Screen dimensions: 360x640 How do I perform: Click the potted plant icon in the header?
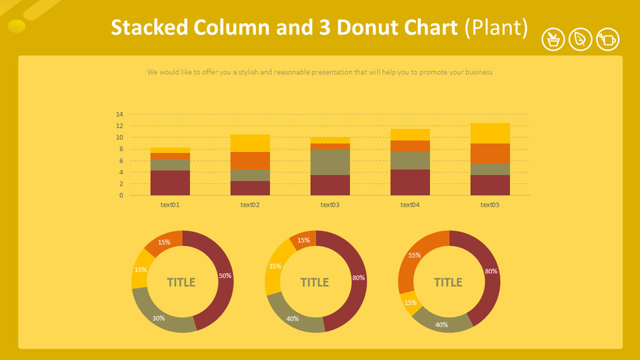553,39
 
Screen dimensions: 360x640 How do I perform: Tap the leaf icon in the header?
580,39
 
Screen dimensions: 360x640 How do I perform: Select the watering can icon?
608,39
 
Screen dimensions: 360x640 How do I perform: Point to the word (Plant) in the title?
496,28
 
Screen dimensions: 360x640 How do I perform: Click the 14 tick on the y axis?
119,115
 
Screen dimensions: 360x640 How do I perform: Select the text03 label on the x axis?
330,205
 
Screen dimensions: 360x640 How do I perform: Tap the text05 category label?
490,205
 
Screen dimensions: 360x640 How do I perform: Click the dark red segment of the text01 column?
170,183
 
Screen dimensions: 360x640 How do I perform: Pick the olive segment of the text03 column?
330,162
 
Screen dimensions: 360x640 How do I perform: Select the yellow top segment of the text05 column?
490,133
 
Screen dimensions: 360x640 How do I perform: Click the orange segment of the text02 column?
250,161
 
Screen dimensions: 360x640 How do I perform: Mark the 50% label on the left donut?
225,276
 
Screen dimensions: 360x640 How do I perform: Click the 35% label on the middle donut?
274,266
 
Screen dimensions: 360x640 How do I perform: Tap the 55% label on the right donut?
414,255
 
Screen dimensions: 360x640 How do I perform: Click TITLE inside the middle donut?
315,282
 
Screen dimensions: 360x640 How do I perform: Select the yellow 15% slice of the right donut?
407,302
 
